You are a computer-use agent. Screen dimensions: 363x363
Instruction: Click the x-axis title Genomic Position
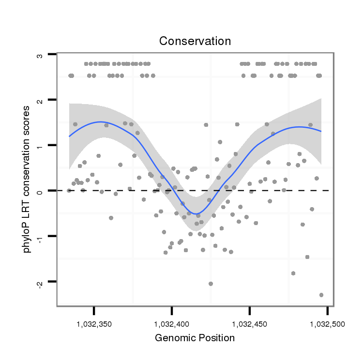click(x=195, y=338)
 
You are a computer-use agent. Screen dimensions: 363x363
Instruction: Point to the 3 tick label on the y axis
click(x=40, y=55)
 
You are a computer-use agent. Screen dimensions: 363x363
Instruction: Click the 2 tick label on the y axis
click(x=40, y=100)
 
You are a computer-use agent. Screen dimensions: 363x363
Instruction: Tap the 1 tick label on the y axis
click(x=40, y=146)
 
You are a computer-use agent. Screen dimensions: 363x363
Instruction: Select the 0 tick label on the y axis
click(x=40, y=191)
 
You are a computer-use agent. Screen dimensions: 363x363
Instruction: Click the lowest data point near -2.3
click(x=321, y=295)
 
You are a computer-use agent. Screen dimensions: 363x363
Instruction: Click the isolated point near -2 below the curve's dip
click(x=211, y=284)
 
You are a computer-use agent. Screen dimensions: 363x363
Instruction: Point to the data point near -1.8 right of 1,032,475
click(x=293, y=273)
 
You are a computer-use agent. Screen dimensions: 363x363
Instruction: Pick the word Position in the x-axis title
click(x=216, y=338)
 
